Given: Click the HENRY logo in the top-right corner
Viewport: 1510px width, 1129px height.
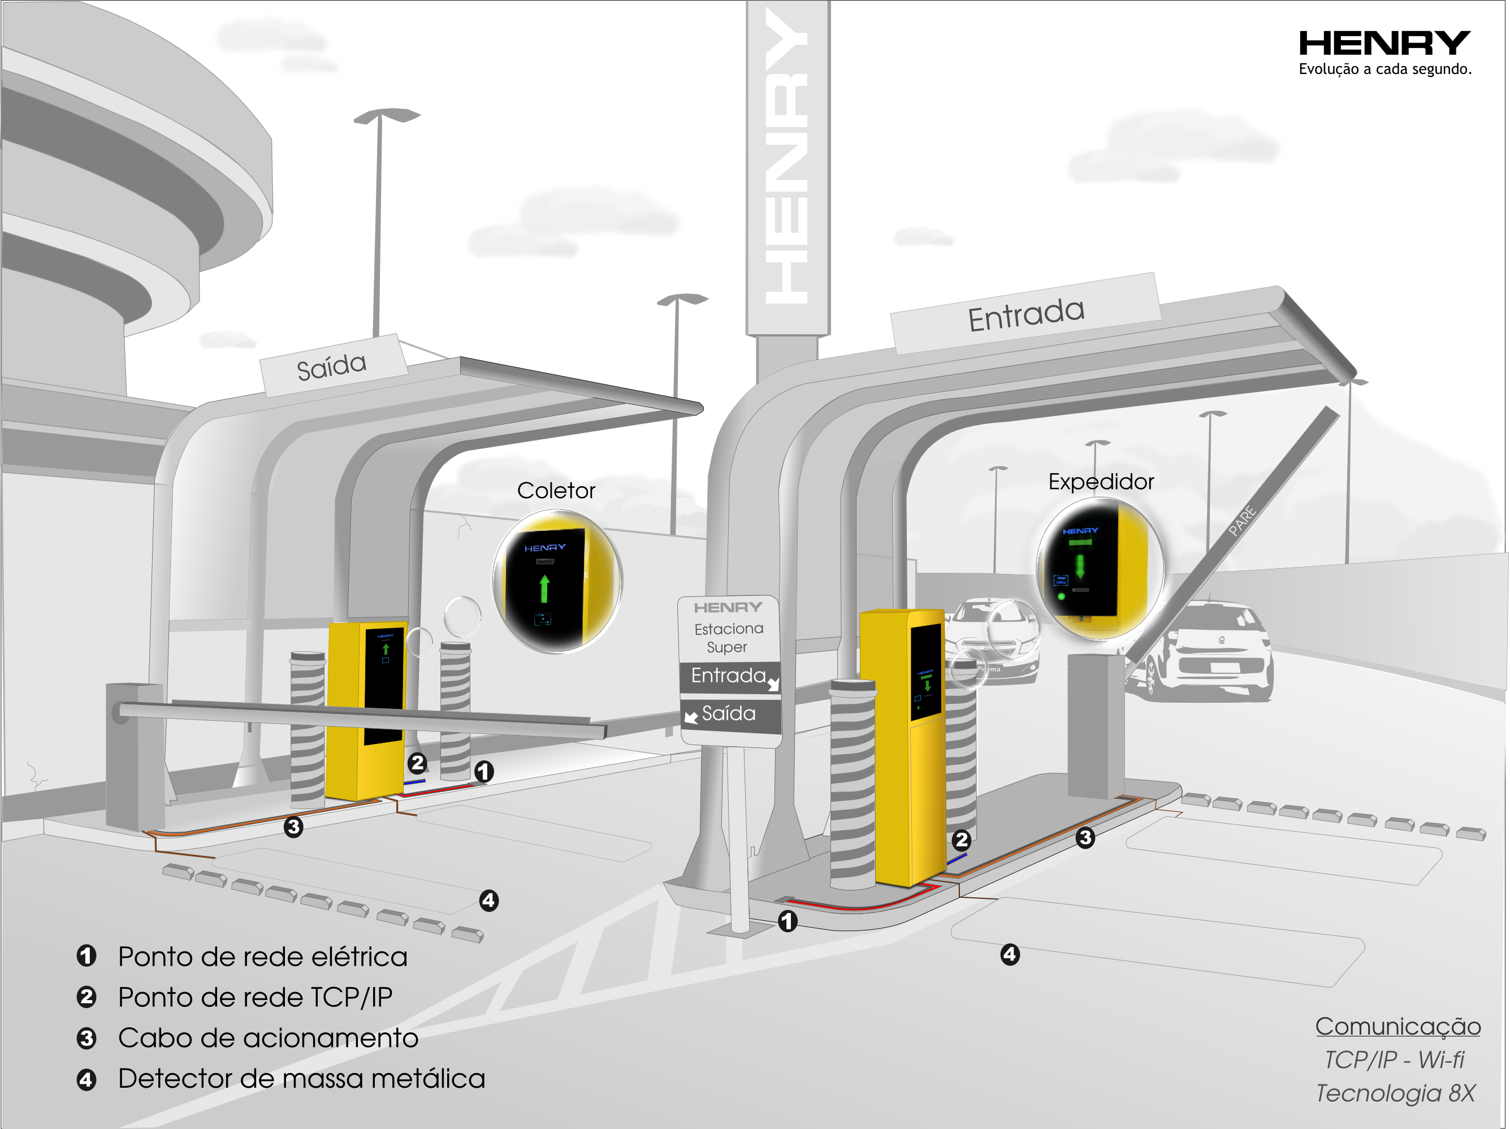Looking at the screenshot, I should pos(1384,43).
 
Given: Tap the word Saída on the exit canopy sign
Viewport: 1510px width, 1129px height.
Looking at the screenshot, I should pos(332,366).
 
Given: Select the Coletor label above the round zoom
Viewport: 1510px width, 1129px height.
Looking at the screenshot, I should pos(556,491).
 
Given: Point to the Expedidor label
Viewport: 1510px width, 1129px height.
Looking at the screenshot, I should pos(1100,482).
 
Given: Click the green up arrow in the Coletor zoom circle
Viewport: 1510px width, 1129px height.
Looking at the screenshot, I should pos(544,589).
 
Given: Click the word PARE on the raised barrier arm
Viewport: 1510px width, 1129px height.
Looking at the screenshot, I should pos(1243,520).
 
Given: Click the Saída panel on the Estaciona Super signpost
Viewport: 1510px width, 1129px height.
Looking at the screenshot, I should pos(729,714).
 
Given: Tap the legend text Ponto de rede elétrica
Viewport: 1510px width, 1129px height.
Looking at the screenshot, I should pos(263,957).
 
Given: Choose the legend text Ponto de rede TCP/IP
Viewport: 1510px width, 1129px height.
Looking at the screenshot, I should pos(256,997).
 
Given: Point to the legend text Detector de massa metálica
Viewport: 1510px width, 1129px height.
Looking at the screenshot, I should pos(302,1079).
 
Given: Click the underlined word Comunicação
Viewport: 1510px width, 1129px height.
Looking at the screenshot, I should pos(1397,1027).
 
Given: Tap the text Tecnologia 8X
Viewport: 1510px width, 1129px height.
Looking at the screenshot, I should pos(1395,1093).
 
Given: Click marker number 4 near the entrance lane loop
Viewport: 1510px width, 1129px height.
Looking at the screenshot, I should pos(1010,954).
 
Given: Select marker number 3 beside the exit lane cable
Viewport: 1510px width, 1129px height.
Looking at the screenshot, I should pos(293,827).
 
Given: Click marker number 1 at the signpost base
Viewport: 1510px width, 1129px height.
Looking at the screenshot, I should pos(787,922).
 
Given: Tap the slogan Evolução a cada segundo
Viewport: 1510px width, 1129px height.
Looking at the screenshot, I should pos(1384,69).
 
